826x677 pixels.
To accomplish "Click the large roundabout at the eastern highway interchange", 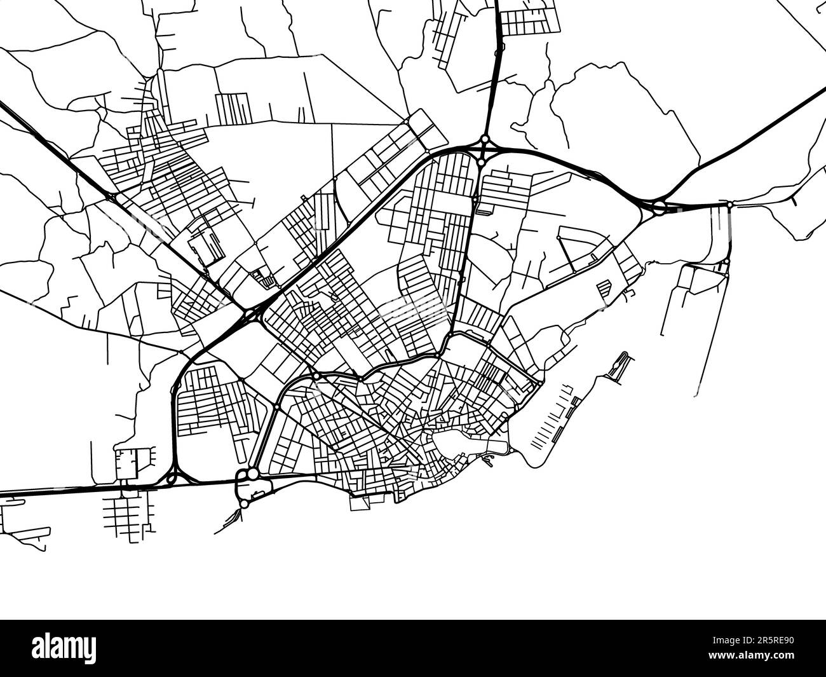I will (660, 205).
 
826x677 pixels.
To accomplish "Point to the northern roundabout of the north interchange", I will (484, 139).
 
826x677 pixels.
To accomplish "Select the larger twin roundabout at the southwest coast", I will (253, 474).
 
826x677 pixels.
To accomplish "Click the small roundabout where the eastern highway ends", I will (730, 204).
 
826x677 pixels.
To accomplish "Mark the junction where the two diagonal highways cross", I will (249, 314).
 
